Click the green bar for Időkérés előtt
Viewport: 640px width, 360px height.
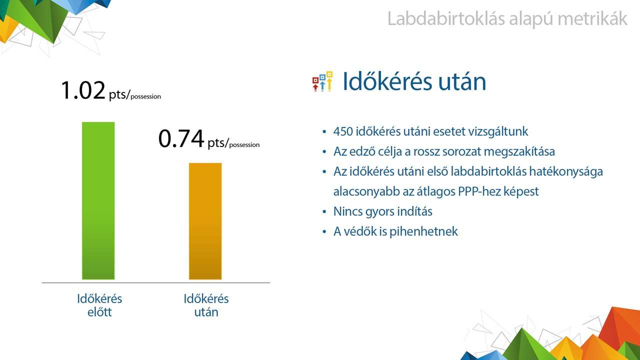click(98, 200)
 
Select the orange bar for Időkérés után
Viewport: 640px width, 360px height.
click(205, 221)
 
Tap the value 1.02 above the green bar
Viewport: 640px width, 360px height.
click(83, 90)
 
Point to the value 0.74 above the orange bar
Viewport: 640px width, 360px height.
click(181, 138)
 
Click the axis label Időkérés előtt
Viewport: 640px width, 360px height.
click(99, 305)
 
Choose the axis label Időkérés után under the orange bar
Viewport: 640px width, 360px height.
click(206, 305)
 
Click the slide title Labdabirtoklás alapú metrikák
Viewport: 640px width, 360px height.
click(507, 19)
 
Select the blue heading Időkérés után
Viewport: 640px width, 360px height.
click(414, 81)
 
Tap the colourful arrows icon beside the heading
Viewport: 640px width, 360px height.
click(322, 81)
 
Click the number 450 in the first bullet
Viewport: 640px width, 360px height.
click(343, 131)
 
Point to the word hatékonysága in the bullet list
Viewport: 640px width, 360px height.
click(566, 171)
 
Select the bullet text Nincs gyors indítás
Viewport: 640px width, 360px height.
click(383, 211)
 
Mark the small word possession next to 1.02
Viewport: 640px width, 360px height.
click(145, 96)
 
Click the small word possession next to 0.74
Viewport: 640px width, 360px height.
click(244, 145)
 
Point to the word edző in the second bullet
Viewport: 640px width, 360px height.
click(362, 151)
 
